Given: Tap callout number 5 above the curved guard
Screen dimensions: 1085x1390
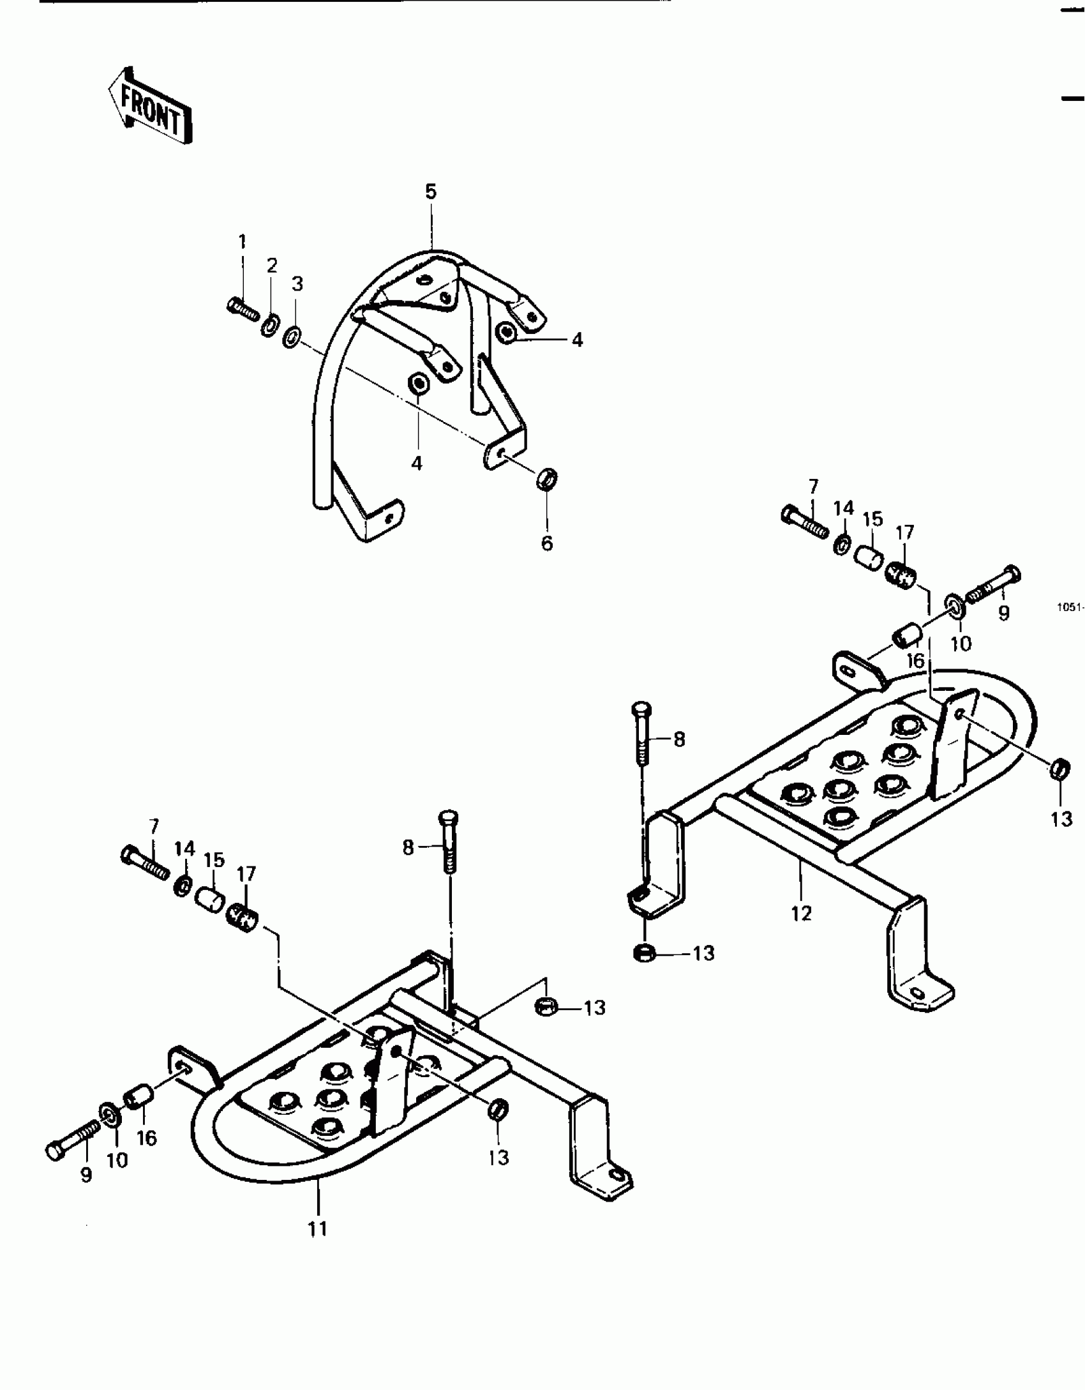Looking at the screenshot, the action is pos(431,192).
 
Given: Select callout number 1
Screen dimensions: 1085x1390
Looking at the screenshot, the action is pos(242,241).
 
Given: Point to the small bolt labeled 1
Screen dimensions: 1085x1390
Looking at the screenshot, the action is pos(243,310).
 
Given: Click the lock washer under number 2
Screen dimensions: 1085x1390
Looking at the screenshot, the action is pos(270,324).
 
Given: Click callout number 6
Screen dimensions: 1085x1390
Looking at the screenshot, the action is pos(547,543).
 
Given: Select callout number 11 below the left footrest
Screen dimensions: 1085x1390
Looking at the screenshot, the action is pos(317,1228).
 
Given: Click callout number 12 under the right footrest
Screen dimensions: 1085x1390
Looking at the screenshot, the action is pos(801,913).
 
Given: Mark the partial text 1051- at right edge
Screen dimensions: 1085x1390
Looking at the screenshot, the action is pos(1070,607).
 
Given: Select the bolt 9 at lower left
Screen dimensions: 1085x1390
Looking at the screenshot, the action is pos(72,1144).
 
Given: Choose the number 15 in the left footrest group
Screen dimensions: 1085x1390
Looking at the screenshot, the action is pos(214,859).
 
